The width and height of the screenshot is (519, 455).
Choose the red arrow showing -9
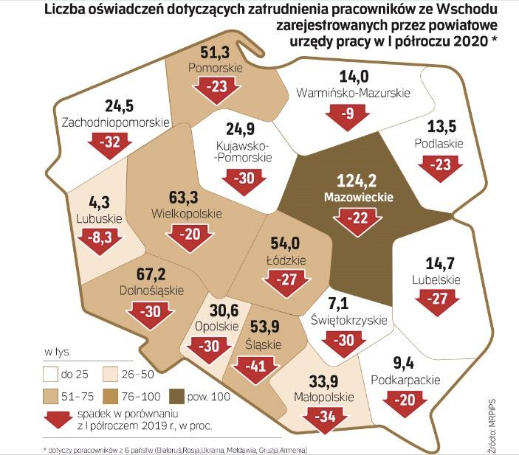(x=346, y=114)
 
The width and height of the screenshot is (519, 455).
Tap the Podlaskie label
(x=439, y=143)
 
